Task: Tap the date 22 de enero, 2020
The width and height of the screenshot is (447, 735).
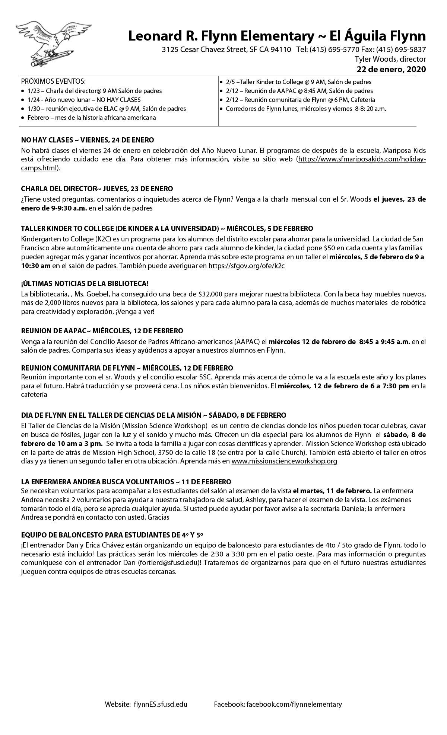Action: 391,69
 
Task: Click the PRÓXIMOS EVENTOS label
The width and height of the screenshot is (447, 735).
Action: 53,81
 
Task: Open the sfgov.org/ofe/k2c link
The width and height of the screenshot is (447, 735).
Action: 247,266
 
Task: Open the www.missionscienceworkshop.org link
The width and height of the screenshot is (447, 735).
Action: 284,461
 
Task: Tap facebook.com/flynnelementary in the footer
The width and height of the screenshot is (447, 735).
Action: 294,704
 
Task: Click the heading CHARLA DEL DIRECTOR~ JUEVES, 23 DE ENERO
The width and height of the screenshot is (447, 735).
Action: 97,189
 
